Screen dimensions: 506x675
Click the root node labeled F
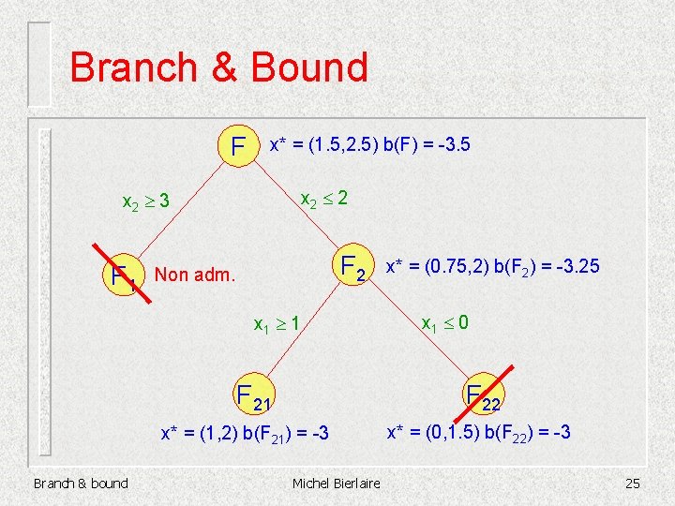239,147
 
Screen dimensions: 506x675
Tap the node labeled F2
353,269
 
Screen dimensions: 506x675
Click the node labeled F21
252,397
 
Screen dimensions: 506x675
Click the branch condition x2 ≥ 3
146,201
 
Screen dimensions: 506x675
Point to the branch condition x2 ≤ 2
323,199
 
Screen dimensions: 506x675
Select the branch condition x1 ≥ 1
277,324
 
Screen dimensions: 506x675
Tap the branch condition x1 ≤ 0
444,324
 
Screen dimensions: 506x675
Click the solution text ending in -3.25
492,268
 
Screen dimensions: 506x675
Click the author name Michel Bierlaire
336,484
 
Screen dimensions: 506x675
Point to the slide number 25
632,484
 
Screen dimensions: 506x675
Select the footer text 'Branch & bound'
81,484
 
